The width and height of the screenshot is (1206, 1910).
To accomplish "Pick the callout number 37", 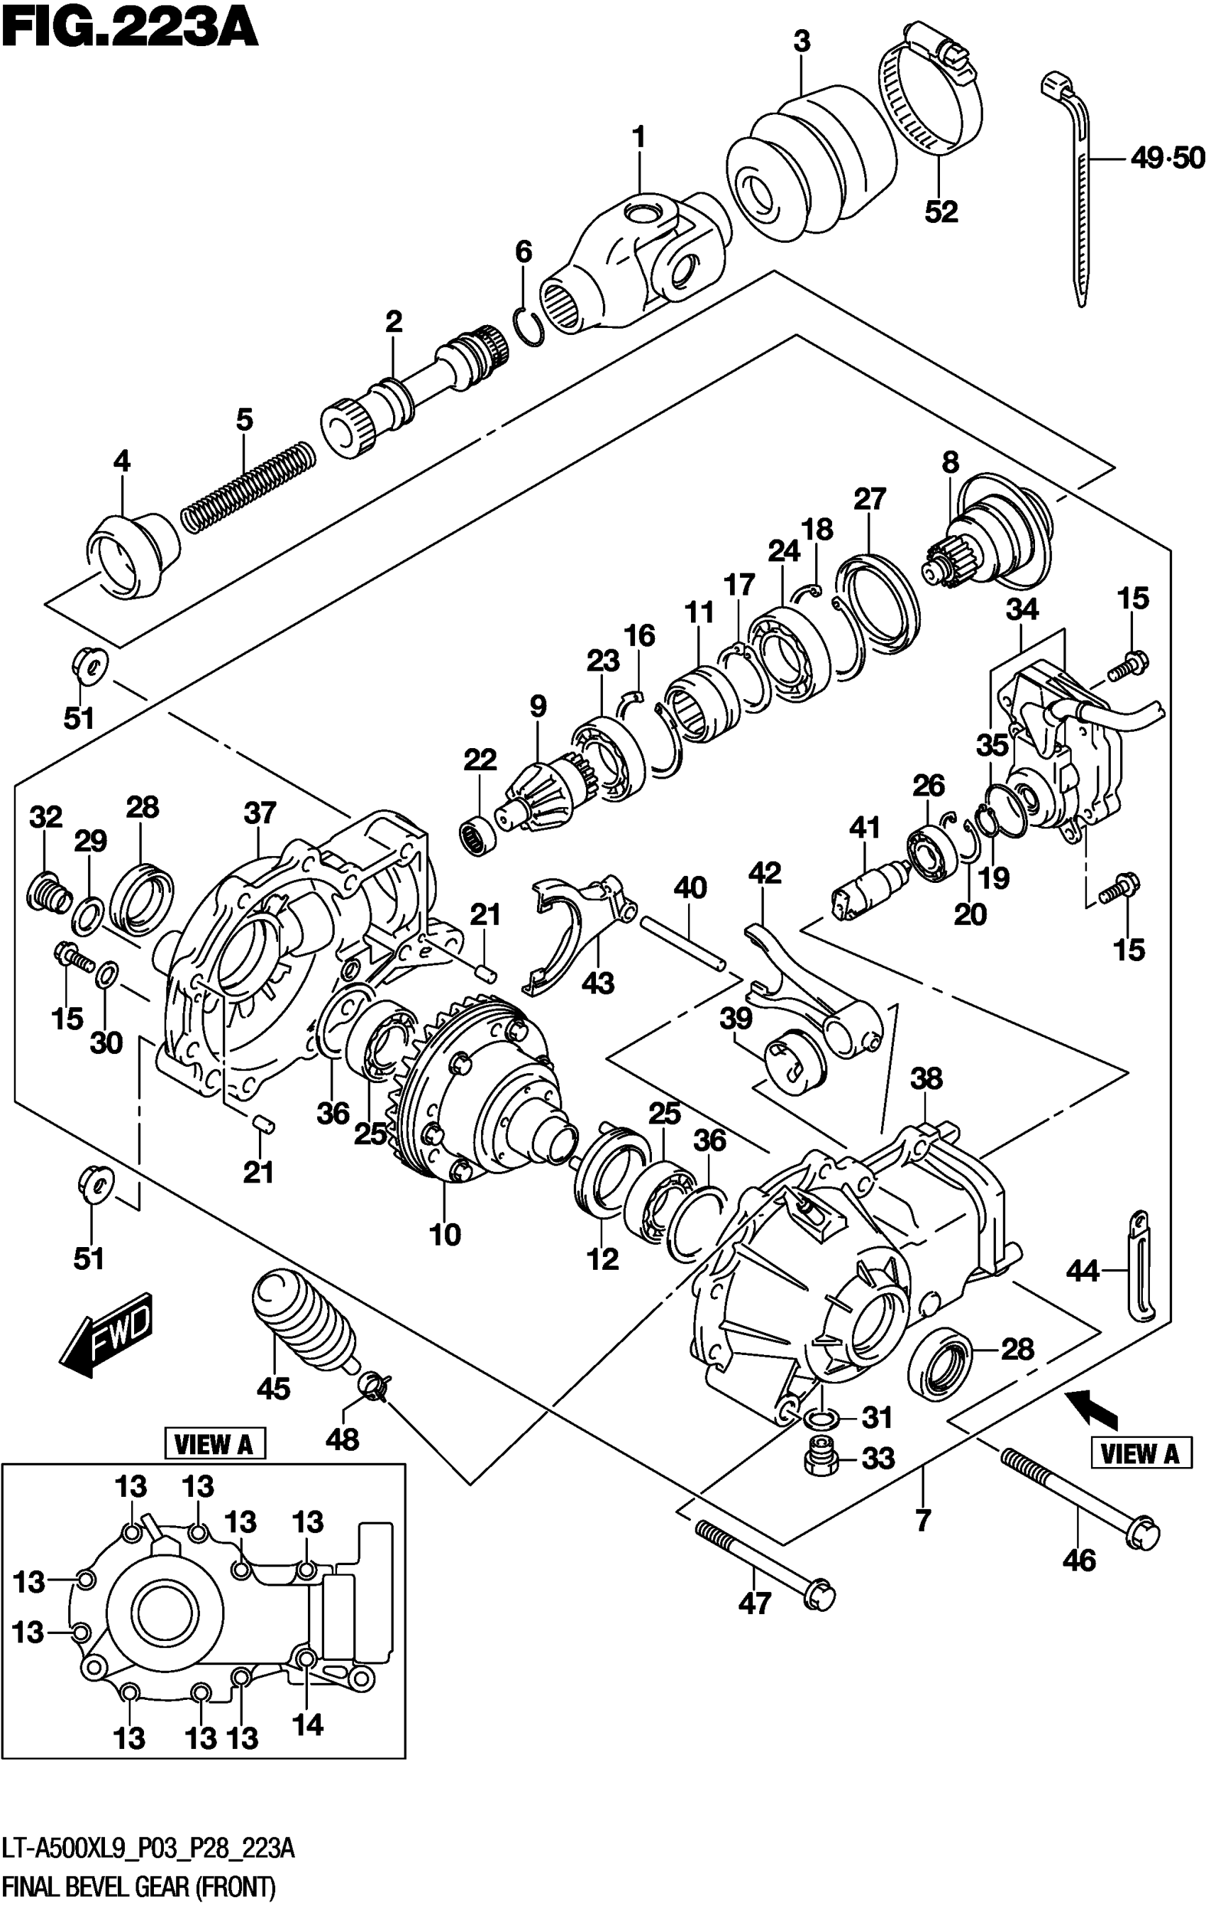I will click(x=260, y=812).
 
